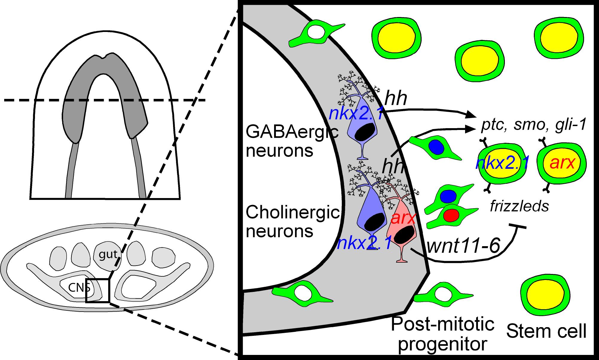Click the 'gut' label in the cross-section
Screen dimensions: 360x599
[108, 254]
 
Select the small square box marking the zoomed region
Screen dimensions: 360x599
[98, 290]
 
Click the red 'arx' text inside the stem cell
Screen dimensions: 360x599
[562, 163]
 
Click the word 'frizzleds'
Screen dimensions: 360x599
[519, 206]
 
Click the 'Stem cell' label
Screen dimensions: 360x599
[546, 331]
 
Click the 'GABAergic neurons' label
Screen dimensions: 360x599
[291, 141]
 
